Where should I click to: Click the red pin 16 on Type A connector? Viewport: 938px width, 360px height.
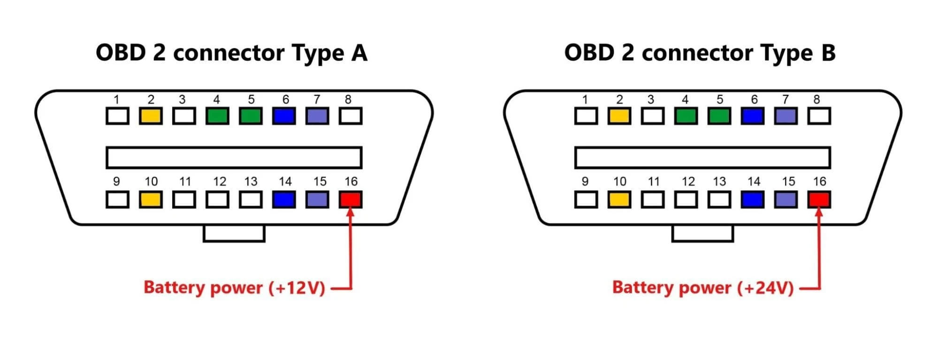pyautogui.click(x=351, y=199)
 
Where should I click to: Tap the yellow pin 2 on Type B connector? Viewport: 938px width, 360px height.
pyautogui.click(x=619, y=116)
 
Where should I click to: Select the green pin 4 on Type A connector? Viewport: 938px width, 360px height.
pyautogui.click(x=217, y=116)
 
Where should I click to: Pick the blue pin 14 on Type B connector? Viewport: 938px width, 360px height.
pyautogui.click(x=753, y=199)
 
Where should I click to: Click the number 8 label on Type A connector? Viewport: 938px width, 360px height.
pyautogui.click(x=348, y=100)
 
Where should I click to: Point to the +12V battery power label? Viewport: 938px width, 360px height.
pyautogui.click(x=234, y=288)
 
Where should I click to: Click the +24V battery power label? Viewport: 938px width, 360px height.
pyautogui.click(x=702, y=288)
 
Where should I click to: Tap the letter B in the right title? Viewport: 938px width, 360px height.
pyautogui.click(x=828, y=53)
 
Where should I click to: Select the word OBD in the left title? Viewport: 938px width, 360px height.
pyautogui.click(x=121, y=53)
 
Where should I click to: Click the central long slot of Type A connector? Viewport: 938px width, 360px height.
pyautogui.click(x=234, y=158)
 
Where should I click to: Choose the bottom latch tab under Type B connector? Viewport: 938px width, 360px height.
pyautogui.click(x=702, y=233)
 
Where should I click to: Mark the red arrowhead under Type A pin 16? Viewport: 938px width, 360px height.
pyautogui.click(x=351, y=212)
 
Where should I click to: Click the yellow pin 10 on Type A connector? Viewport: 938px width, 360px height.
pyautogui.click(x=151, y=199)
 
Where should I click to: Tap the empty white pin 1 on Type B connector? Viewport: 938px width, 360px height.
pyautogui.click(x=586, y=116)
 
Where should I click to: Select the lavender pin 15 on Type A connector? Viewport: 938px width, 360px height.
pyautogui.click(x=317, y=199)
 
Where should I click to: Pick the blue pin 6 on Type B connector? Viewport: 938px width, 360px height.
pyautogui.click(x=753, y=116)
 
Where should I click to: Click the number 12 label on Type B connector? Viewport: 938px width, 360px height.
pyautogui.click(x=688, y=182)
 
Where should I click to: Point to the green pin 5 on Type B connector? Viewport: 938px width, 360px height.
pyautogui.click(x=719, y=116)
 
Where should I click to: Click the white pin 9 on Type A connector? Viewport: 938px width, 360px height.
pyautogui.click(x=117, y=199)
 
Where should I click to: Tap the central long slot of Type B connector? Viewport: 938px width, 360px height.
pyautogui.click(x=702, y=158)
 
